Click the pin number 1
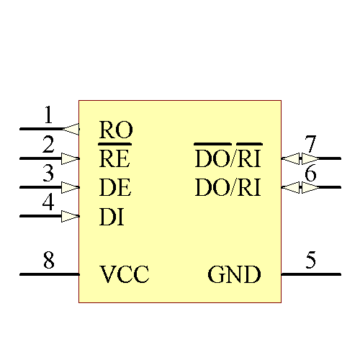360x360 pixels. (x=48, y=115)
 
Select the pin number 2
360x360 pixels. (x=48, y=145)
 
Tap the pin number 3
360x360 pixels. (x=48, y=174)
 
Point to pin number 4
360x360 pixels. (x=48, y=202)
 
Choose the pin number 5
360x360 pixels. (x=311, y=260)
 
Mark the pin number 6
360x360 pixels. (x=311, y=174)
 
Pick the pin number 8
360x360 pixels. (x=48, y=260)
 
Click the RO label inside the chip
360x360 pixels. (x=115, y=130)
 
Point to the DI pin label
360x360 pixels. (x=112, y=216)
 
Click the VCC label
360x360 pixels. (x=125, y=274)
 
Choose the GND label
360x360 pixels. (x=234, y=274)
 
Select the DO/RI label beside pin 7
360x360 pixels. (x=228, y=158)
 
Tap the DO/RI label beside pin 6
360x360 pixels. (x=228, y=187)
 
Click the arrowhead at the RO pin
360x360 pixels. (x=71, y=129)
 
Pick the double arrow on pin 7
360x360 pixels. (x=300, y=158)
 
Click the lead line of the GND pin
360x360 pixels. (x=311, y=274)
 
